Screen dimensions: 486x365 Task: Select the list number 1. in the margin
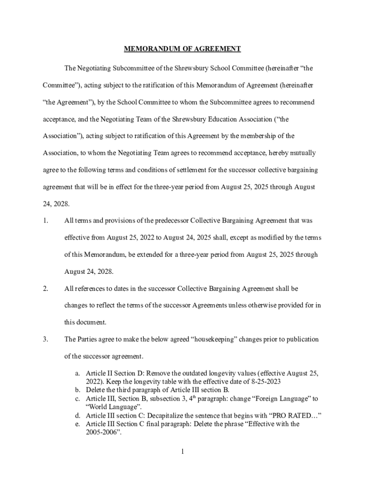coord(46,221)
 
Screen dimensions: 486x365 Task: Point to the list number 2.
coord(46,289)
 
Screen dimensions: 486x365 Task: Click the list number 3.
coord(46,339)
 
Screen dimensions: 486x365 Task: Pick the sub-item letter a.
coord(77,374)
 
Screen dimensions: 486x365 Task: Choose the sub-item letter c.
coord(77,399)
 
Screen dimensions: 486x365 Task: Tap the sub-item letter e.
coord(77,424)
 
